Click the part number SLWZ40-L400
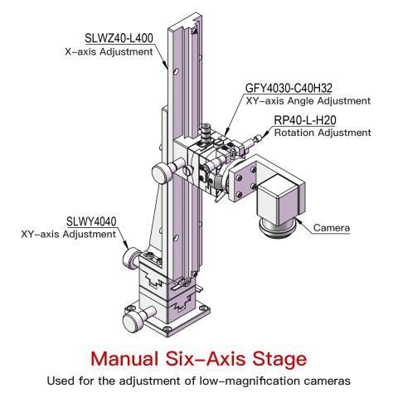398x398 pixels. coord(119,38)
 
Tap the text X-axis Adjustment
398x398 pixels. coord(109,52)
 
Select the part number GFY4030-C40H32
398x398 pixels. coord(289,88)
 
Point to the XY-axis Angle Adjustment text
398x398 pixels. coord(308,101)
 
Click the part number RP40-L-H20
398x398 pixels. coord(305,120)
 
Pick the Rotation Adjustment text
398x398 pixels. coord(323,133)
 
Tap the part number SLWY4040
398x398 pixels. coord(91,221)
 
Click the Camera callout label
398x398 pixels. coord(332,228)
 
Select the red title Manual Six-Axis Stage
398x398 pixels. coord(198,359)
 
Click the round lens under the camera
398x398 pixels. coord(277,227)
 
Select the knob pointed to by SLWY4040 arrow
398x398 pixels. coord(131,258)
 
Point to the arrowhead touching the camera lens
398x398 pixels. coord(297,221)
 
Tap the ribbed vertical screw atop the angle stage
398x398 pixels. coord(206,133)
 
